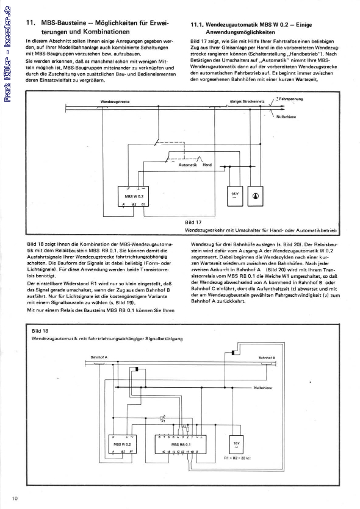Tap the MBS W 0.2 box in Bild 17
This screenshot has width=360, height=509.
pos(134,197)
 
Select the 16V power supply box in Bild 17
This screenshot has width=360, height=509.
pos(236,194)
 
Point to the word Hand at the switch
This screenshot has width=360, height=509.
pos(207,165)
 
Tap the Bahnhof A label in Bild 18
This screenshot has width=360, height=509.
pos(99,357)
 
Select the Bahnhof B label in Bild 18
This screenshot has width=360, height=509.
pos(267,357)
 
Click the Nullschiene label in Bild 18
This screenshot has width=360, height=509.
pos(264,386)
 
